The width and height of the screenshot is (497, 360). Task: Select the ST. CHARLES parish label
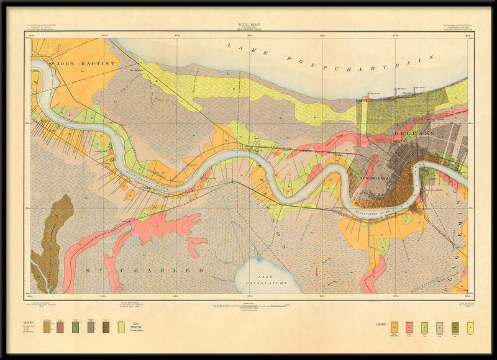point(153,271)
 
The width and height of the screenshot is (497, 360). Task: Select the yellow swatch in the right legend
point(470,327)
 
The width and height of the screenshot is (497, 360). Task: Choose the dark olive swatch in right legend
point(455,327)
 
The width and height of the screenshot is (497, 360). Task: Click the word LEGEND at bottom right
point(381,324)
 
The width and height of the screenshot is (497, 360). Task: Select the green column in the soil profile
point(75,327)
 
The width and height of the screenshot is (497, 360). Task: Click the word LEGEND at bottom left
point(29,323)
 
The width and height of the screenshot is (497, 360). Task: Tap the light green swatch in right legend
point(424,327)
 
